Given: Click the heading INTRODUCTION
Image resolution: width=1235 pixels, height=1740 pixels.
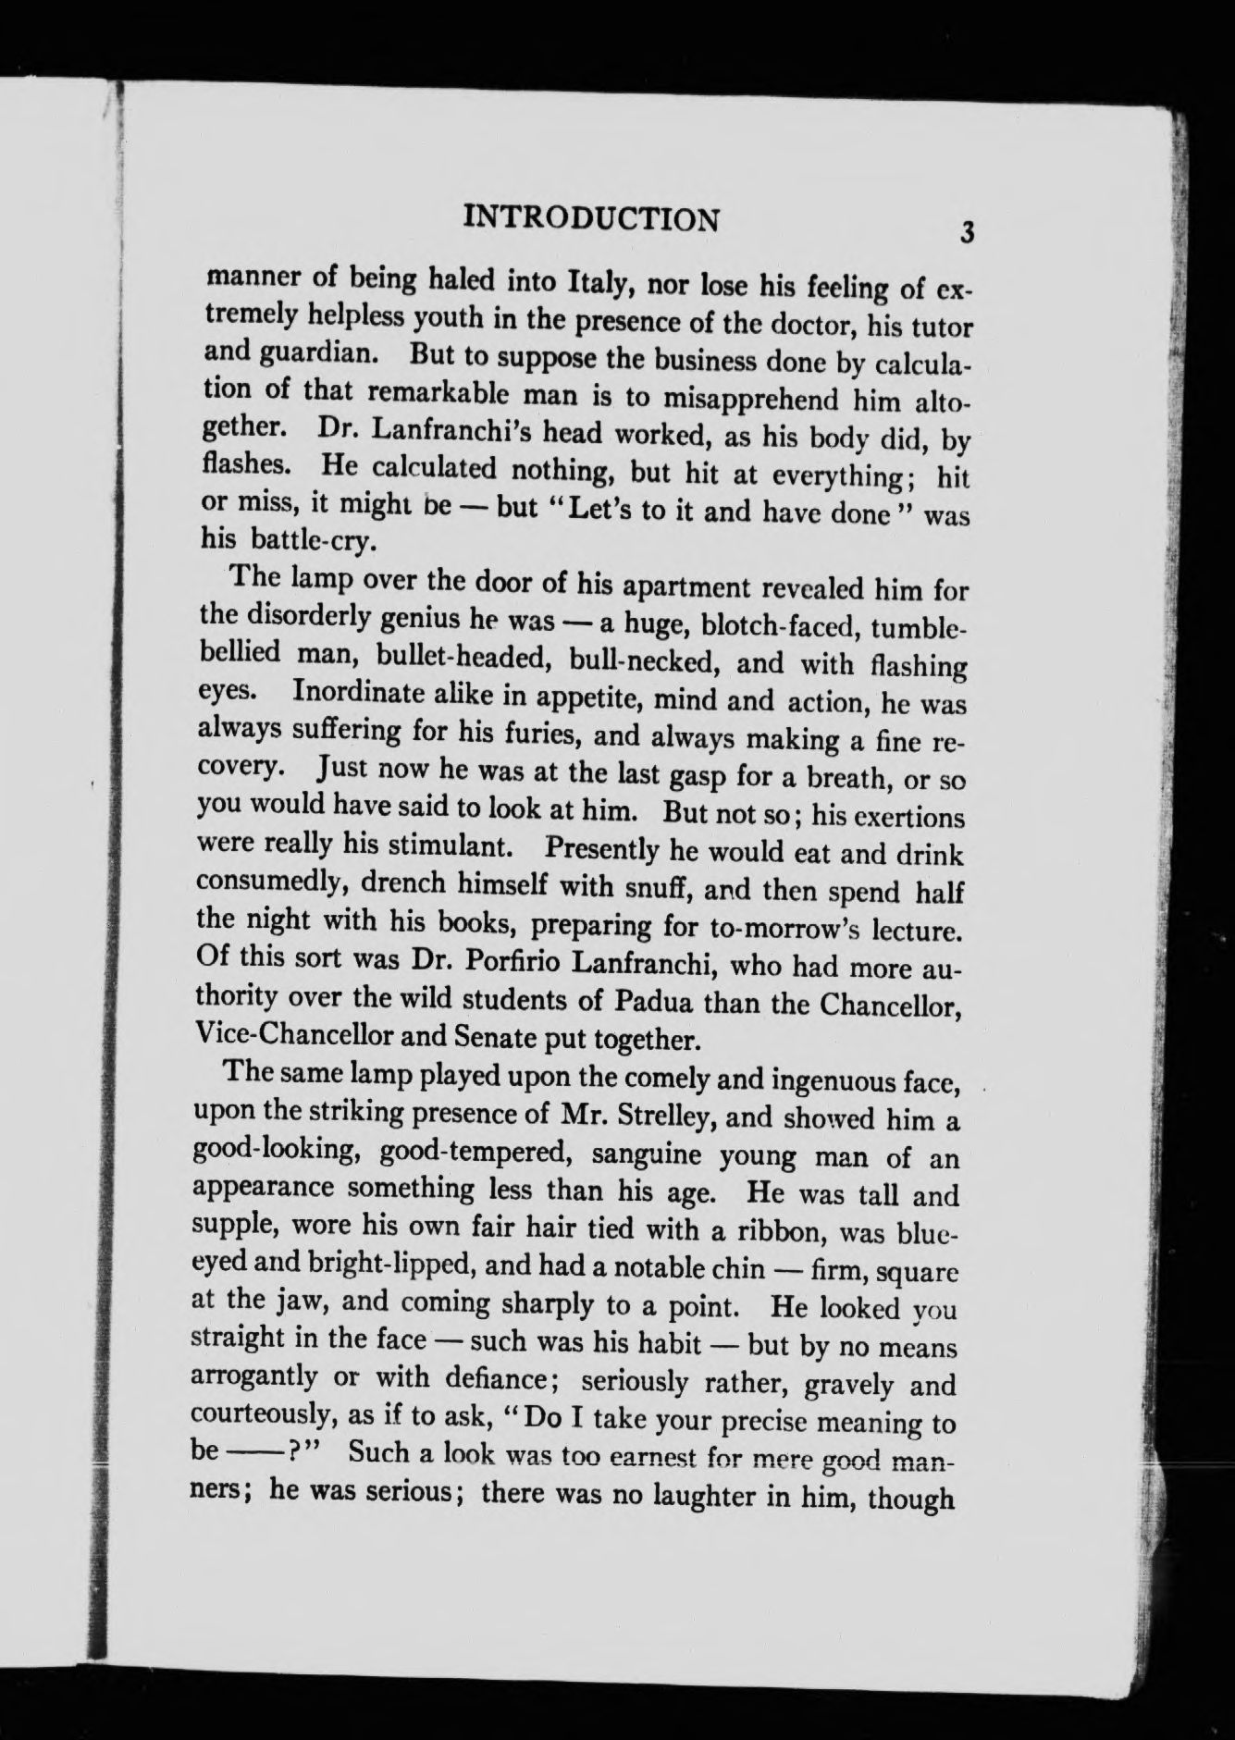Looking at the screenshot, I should pyautogui.click(x=591, y=217).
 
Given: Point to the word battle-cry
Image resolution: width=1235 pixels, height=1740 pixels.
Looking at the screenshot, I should pyautogui.click(x=301, y=539).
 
